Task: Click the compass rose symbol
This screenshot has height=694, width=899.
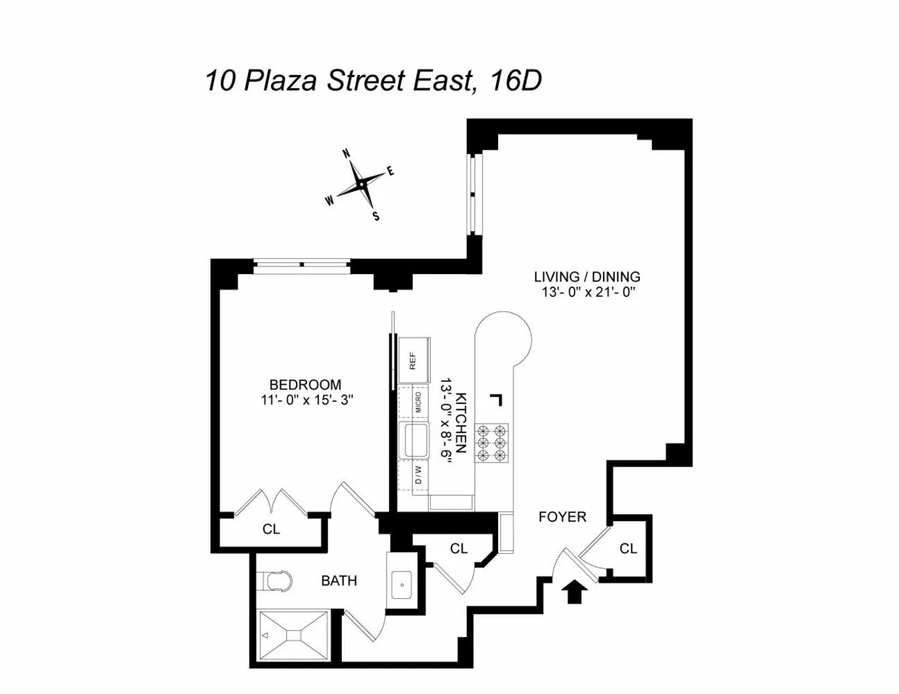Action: (x=361, y=183)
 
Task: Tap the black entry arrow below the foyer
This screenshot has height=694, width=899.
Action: (x=574, y=593)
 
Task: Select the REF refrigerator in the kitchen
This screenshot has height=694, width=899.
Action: (x=414, y=360)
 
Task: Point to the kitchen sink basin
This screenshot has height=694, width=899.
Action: (x=414, y=439)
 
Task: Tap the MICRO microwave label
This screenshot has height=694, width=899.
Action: (x=417, y=402)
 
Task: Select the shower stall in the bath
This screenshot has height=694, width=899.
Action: (x=294, y=636)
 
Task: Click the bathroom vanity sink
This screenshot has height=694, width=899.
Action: (x=403, y=582)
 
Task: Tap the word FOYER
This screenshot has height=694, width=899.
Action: (x=563, y=517)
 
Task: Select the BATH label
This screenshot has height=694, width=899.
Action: (x=339, y=580)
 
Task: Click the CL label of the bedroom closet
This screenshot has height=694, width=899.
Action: (x=271, y=529)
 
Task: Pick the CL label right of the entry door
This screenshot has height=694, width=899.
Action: (x=628, y=549)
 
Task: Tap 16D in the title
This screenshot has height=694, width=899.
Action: (x=513, y=81)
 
